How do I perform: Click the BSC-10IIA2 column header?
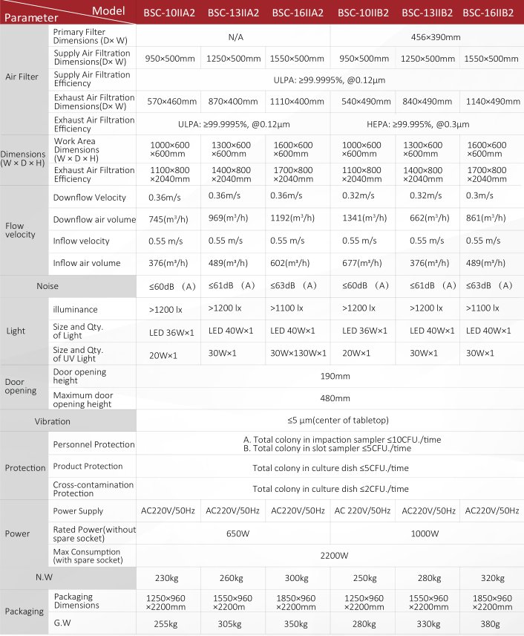point(168,13)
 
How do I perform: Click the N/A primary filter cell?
point(233,36)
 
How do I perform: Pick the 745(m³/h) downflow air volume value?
point(167,219)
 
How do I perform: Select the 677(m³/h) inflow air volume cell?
point(361,262)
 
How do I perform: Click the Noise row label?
point(48,285)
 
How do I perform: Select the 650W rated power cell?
point(233,533)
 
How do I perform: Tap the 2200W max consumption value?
point(330,555)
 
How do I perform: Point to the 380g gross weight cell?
point(491,623)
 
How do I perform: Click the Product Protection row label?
point(88,467)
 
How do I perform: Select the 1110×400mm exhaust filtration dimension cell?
point(297,102)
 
